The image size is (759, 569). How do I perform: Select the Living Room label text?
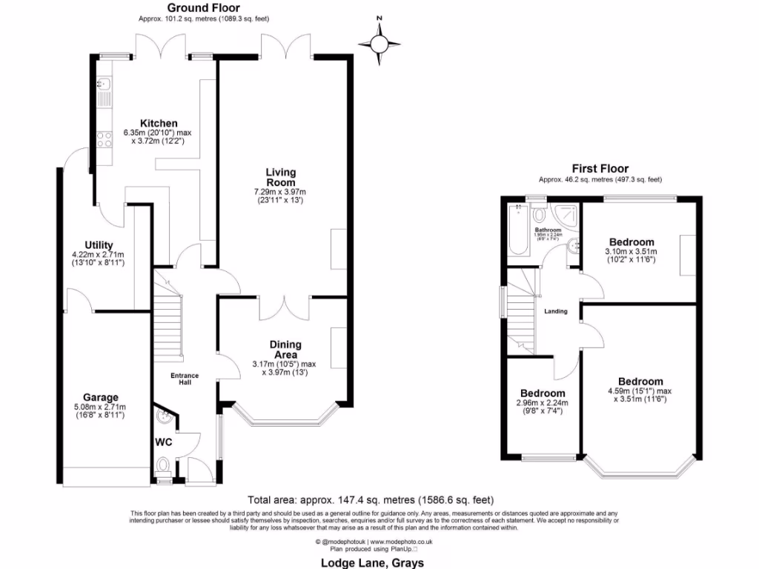[281, 177]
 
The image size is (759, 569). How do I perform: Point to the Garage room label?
[100, 397]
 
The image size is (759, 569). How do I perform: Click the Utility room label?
[99, 245]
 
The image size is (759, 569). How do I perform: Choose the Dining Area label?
[285, 349]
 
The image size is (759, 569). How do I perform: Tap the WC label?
[164, 442]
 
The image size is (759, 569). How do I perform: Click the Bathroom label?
[548, 230]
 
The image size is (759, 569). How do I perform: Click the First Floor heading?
[600, 168]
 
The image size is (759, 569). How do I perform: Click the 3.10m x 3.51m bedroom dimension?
[632, 256]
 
